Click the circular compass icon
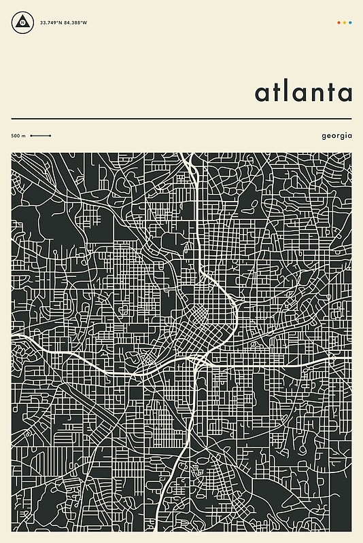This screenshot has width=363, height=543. coord(22,22)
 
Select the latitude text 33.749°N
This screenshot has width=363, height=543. coord(51,22)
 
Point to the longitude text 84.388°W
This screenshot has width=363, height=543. coord(75,22)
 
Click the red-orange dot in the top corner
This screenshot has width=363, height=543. coord(339,22)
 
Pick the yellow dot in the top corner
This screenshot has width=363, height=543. coord(345,22)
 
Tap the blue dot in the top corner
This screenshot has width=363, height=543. coord(350,22)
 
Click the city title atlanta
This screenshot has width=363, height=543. coord(303,92)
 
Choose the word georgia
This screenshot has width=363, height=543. coord(336,136)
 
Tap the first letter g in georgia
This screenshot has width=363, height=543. coord(324,136)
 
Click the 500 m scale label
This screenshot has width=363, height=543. coord(18,136)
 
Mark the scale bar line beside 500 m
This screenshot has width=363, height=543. coord(41,136)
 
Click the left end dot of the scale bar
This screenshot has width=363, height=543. coord(31,136)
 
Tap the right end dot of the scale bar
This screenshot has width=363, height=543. coord(50,136)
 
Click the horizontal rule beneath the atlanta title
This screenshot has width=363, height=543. coord(181,119)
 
